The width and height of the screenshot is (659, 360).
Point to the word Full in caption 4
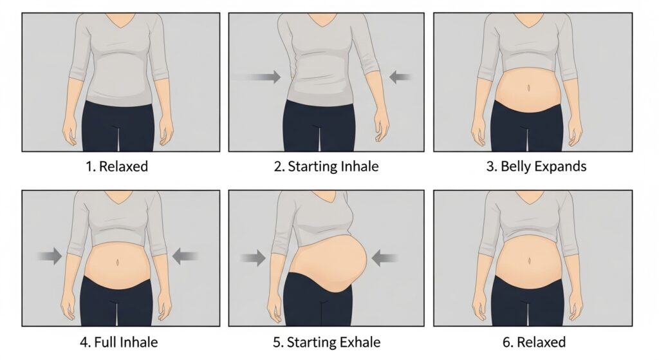coord(109,341)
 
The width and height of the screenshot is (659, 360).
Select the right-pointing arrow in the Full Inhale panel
coord(50,257)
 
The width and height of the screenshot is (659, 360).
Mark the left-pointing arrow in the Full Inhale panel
coord(185,257)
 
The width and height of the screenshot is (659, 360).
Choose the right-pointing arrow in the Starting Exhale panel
coord(254,259)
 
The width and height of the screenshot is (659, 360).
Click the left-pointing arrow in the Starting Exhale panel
coord(385,259)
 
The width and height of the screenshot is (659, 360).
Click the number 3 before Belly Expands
coord(490,167)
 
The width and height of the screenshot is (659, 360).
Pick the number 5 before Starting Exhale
coord(277,341)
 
